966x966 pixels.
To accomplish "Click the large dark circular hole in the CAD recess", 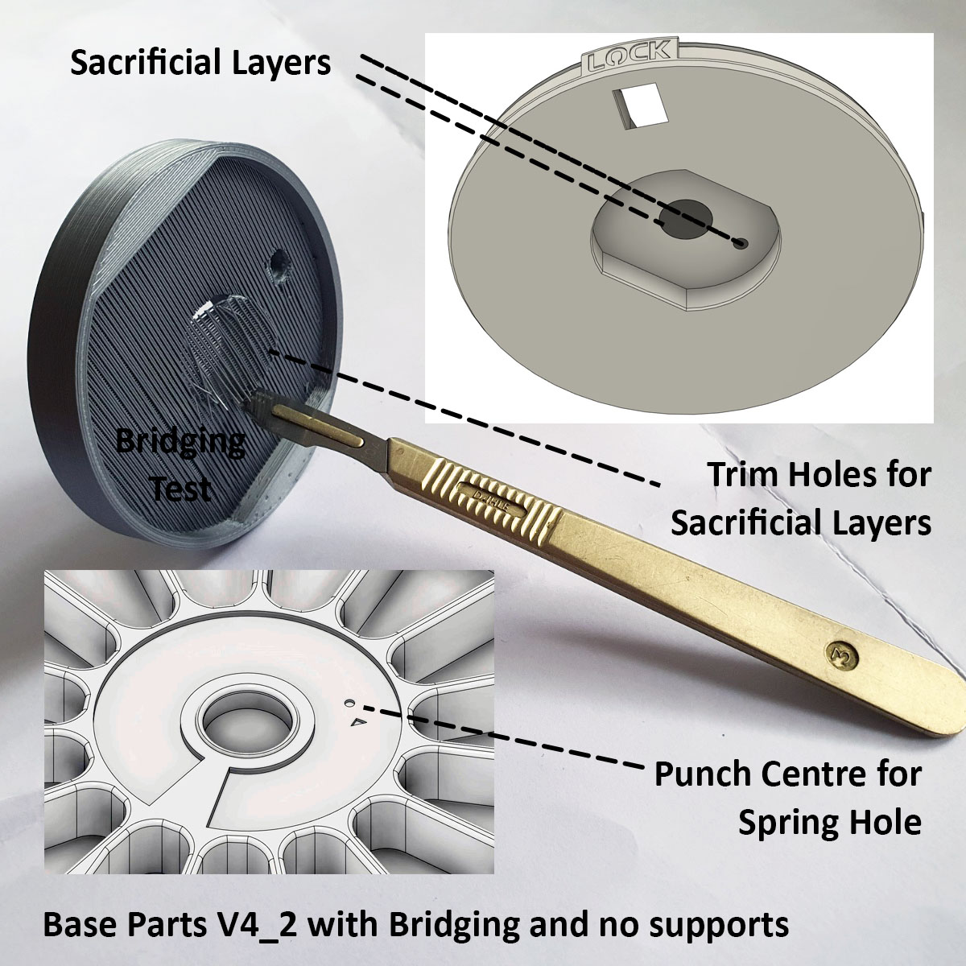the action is tap(686, 219).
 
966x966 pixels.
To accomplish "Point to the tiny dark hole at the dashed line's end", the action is tap(741, 244).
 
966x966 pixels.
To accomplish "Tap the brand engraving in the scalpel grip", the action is tap(493, 499).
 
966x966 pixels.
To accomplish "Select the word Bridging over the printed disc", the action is tap(180, 443).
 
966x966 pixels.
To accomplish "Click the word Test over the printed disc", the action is tap(181, 487).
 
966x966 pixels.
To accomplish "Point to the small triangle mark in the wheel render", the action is tap(357, 722).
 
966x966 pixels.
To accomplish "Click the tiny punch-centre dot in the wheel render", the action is tap(347, 704).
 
